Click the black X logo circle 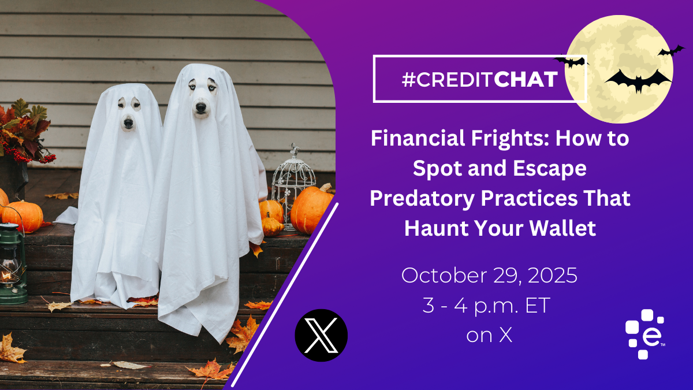click(321, 335)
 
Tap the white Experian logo click(644, 335)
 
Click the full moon click(619, 69)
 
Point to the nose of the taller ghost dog click(201, 107)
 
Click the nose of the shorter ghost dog click(128, 124)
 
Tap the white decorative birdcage click(292, 187)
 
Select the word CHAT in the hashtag click(526, 80)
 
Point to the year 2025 click(553, 275)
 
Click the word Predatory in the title click(422, 199)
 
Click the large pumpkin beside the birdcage click(310, 209)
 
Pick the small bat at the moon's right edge click(671, 51)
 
